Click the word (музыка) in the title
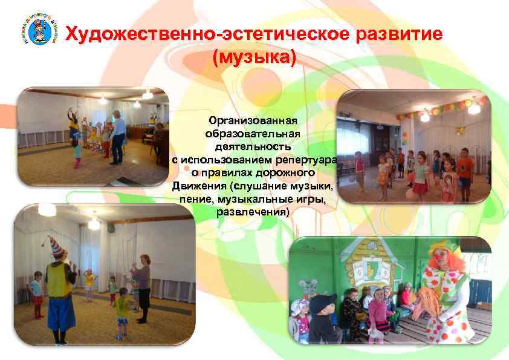tap(254, 58)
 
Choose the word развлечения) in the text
tap(253, 212)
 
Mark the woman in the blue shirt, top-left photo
tap(118, 136)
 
